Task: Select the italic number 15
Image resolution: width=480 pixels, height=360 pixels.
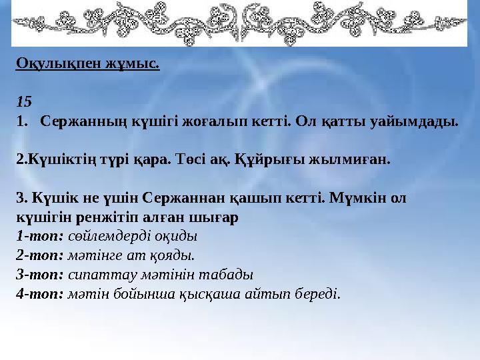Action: click(23, 103)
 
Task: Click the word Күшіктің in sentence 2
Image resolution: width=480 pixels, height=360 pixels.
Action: click(55, 160)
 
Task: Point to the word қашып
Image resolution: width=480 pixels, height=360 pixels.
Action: click(233, 199)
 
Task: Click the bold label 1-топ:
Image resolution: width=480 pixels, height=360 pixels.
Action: click(39, 236)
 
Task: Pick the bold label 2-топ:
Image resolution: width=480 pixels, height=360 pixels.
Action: click(39, 255)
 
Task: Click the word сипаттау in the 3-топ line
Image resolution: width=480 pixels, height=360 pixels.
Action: click(97, 274)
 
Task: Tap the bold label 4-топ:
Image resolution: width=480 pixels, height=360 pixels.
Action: click(39, 293)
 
